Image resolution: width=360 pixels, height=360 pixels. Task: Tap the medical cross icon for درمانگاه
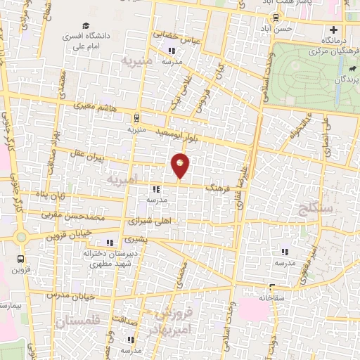click(x=334, y=30)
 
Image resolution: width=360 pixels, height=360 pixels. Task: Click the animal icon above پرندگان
click(x=349, y=70)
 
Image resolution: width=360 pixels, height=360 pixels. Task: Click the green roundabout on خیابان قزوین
click(x=21, y=236)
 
